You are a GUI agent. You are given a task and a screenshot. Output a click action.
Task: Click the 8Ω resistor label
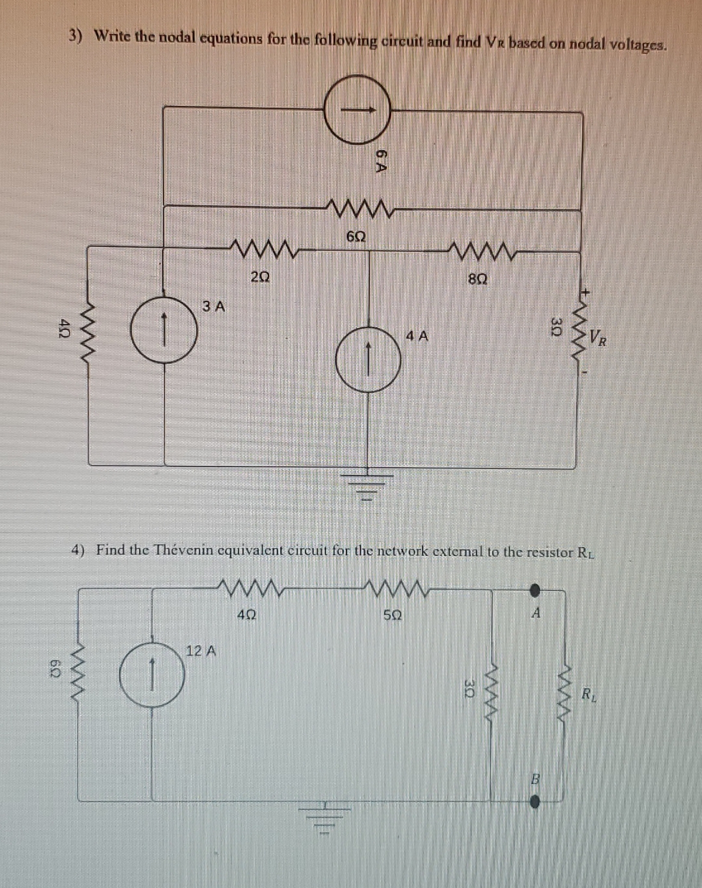coord(478,279)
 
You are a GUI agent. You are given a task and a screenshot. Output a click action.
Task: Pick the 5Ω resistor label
coord(392,614)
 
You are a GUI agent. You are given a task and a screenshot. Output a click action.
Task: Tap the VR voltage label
coord(599,338)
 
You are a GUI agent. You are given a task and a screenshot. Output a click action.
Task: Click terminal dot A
coord(534,590)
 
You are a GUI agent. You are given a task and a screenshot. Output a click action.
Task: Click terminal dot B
coord(534,802)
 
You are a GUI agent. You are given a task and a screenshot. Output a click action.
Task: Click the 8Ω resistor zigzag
coord(480,249)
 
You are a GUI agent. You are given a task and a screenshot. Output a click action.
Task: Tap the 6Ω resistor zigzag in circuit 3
coord(359,209)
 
